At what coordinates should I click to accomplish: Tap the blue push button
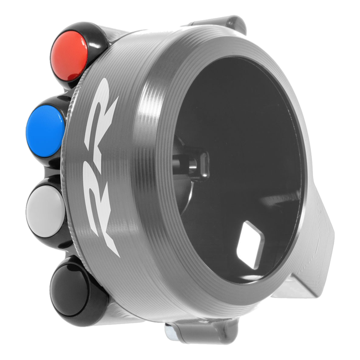[x=45, y=128]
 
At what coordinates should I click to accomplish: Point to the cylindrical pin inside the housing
[x=185, y=162]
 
